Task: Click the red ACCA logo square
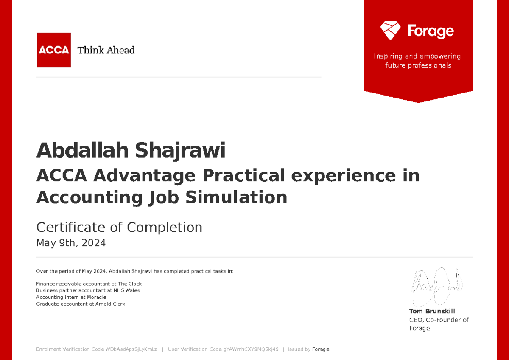click(53, 50)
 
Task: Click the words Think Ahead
click(106, 50)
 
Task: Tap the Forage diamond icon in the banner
click(390, 31)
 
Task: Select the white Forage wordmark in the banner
click(431, 31)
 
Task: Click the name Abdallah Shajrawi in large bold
click(131, 150)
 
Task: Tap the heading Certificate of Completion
click(119, 228)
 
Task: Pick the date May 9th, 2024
click(71, 243)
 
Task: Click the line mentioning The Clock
click(89, 284)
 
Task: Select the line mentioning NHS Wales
click(88, 290)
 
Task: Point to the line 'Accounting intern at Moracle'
click(71, 297)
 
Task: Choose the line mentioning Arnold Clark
click(81, 304)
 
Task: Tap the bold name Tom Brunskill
click(432, 311)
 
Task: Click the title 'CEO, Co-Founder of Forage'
click(439, 324)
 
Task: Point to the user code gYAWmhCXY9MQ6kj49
click(251, 349)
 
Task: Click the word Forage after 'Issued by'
click(321, 349)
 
